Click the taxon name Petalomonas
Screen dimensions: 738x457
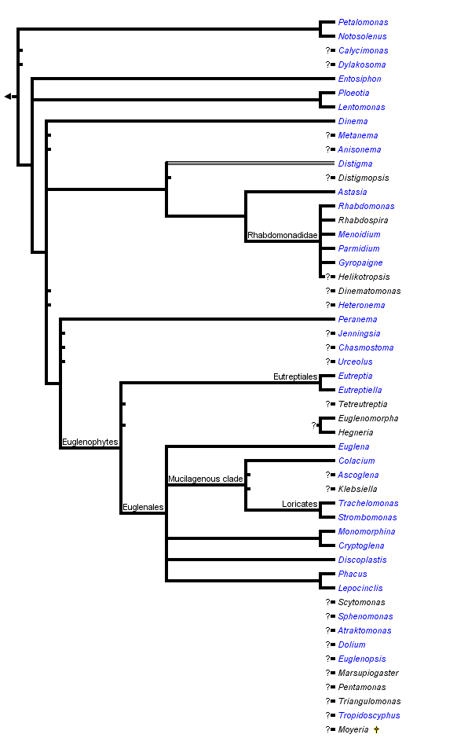(x=363, y=23)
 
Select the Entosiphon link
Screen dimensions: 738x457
(x=360, y=79)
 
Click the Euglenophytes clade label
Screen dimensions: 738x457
(x=90, y=442)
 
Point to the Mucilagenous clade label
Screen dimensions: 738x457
(x=206, y=479)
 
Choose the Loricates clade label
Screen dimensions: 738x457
(x=300, y=504)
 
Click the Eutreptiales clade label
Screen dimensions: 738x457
(x=295, y=377)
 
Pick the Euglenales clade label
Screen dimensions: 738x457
(x=142, y=508)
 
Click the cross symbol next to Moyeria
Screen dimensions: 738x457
(x=377, y=730)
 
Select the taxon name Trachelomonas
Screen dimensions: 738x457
(x=368, y=504)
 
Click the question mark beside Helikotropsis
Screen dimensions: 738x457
(x=328, y=277)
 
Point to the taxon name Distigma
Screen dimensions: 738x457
(x=355, y=164)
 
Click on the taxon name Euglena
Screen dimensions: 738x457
(x=354, y=447)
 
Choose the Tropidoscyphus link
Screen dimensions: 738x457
(x=369, y=716)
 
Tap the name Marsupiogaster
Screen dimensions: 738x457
(x=368, y=674)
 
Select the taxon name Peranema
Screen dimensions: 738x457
(x=357, y=320)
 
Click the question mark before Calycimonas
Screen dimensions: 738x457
(x=328, y=51)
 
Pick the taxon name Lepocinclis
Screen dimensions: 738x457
(x=361, y=589)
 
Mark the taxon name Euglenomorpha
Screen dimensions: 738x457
(x=368, y=419)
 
